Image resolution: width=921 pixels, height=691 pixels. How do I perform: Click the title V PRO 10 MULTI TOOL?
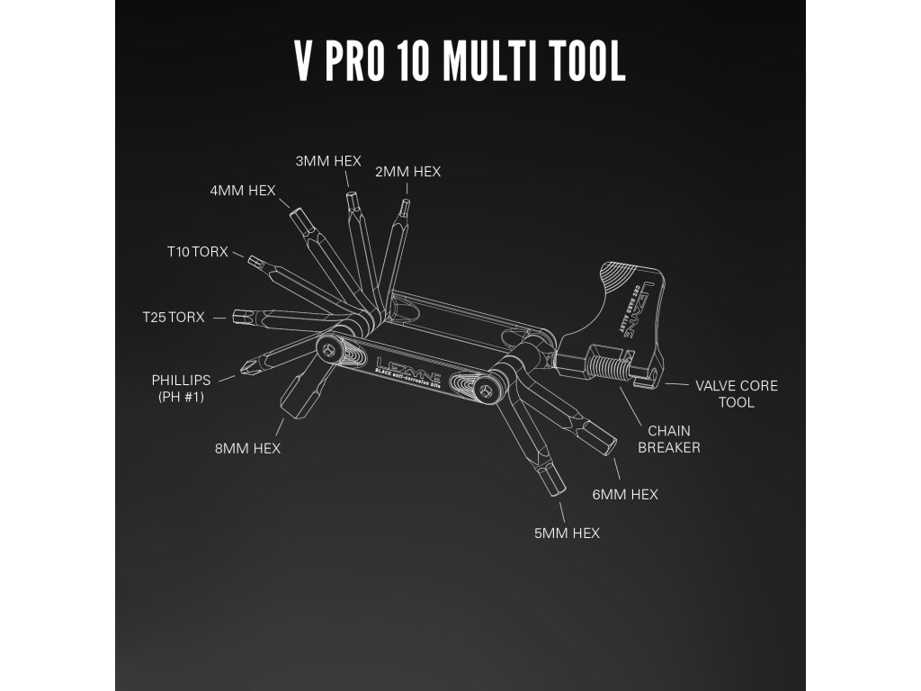coord(460,62)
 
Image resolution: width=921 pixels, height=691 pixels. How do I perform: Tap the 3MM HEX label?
coord(328,161)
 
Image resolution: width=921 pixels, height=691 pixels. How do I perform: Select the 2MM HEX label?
coord(408,171)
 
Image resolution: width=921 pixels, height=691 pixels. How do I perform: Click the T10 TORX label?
coord(198,251)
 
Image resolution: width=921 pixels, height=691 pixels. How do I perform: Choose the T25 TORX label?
coord(174,318)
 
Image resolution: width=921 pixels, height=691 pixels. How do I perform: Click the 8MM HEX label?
coord(247,448)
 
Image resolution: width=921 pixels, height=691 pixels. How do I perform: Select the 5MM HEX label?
coord(567,533)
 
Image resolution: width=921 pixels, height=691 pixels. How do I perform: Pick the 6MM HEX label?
coord(625,494)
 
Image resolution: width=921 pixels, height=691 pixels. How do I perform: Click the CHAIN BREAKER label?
coord(668,439)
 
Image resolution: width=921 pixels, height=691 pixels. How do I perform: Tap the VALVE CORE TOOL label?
coord(737,394)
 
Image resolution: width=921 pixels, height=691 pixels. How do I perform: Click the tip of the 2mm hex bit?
coord(405,205)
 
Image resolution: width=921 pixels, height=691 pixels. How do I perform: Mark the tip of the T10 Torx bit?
coord(255,262)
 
